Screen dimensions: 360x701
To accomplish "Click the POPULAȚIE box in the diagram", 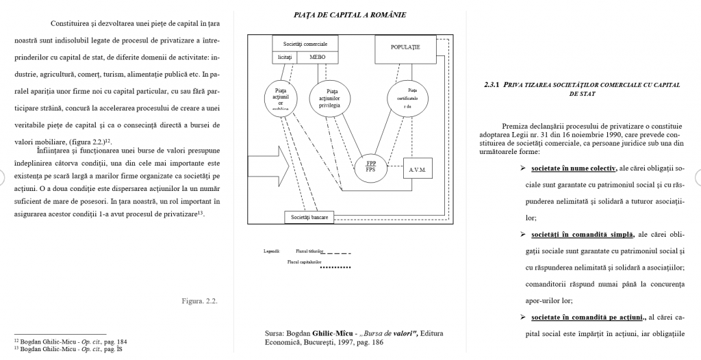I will [x=405, y=47].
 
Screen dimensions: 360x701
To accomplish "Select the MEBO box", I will [x=318, y=57].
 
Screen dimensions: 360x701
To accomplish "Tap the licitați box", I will [x=285, y=57].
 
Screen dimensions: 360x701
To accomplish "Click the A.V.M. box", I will [x=418, y=169].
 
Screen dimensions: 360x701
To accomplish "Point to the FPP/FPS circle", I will [x=371, y=167].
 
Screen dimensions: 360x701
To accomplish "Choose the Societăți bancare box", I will [x=309, y=217].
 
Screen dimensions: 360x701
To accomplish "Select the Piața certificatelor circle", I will [x=411, y=98].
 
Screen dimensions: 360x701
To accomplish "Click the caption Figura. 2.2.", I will [x=200, y=300].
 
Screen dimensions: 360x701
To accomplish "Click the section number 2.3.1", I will [x=492, y=85].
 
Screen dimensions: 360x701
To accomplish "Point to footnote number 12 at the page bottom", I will [x=16, y=340].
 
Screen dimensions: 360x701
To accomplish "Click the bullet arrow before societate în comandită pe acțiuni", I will [x=522, y=317].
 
